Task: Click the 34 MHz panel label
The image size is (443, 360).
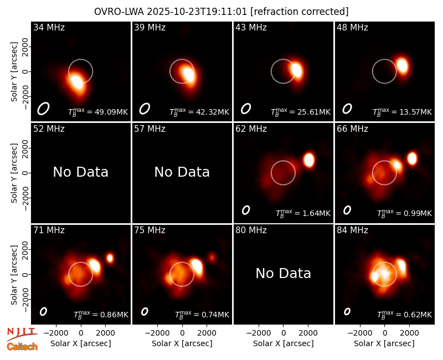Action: click(x=49, y=27)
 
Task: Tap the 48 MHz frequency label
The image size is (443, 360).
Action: click(x=352, y=27)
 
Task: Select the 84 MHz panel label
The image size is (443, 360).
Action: click(x=352, y=230)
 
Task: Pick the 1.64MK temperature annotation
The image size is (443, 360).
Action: click(x=316, y=213)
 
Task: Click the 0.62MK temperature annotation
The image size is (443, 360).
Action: click(x=418, y=315)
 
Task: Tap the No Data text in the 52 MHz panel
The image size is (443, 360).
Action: click(x=81, y=172)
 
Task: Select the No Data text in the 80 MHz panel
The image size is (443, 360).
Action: click(x=284, y=273)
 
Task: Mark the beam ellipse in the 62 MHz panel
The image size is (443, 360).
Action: click(x=246, y=210)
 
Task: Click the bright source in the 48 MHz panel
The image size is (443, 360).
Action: click(x=402, y=65)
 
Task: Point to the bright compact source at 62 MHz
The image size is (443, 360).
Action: click(x=309, y=160)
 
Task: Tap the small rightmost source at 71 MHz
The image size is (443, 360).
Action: click(x=110, y=258)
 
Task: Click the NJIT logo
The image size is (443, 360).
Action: click(x=22, y=334)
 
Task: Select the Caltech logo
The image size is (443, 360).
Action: click(x=22, y=347)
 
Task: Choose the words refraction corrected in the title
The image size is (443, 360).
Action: click(x=300, y=12)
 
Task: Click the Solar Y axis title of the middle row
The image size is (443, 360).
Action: click(x=14, y=173)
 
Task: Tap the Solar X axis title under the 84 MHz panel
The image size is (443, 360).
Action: click(x=384, y=343)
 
